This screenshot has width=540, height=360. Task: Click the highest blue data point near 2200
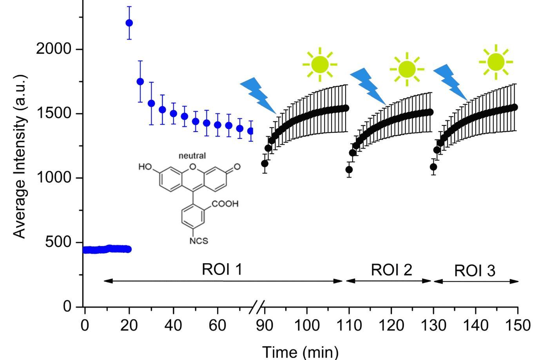pos(129,23)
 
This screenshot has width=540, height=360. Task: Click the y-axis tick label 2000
pos(54,49)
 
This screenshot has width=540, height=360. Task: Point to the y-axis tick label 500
pos(58,242)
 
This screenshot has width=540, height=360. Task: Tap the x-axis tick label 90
pos(265,325)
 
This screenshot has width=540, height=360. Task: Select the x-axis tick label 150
pos(518,325)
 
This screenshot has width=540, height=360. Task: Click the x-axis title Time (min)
pos(300,352)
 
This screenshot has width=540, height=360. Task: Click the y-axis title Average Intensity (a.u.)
pos(19,156)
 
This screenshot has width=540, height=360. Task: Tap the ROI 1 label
pos(222,270)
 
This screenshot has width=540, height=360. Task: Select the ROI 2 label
pos(391,270)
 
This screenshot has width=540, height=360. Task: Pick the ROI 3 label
pos(475,271)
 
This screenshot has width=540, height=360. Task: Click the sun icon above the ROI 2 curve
pos(407,69)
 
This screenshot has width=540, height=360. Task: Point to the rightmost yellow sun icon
pos(496,62)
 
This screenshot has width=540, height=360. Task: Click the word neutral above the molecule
pos(192,156)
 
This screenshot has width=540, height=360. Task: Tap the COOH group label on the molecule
pos(225,204)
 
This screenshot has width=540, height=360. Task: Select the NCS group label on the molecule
pos(199,241)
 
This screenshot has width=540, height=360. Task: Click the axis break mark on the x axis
pos(257,307)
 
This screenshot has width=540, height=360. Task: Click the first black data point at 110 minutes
pos(349,170)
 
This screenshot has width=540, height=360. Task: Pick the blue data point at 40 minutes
pos(173,114)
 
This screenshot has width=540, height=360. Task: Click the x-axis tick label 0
pos(85,325)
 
